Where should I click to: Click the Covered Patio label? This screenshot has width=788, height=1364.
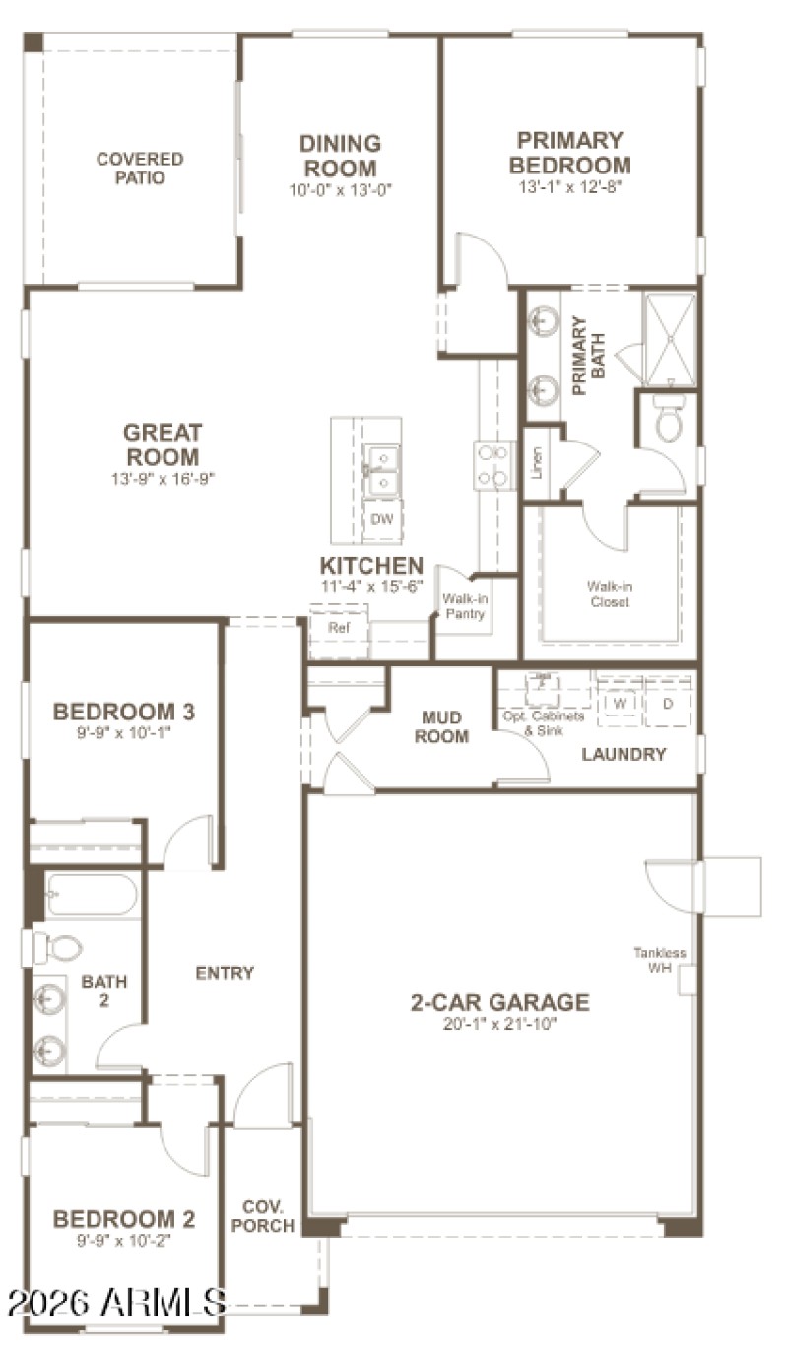[x=139, y=169]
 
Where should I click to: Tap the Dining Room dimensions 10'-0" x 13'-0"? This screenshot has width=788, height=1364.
[x=340, y=191]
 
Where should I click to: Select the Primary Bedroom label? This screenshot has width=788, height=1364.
[x=569, y=153]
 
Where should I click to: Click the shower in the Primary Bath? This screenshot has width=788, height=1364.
[x=669, y=339]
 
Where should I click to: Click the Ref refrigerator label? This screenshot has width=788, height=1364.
[x=339, y=627]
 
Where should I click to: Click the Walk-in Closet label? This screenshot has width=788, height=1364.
[x=608, y=594]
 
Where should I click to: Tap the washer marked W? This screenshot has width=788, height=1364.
[x=620, y=704]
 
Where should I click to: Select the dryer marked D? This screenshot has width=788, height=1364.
[x=667, y=704]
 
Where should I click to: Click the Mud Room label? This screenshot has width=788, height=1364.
[x=441, y=726]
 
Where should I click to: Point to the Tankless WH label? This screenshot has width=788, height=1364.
[x=659, y=960]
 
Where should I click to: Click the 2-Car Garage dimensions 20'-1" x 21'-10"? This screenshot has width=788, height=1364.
[x=499, y=1025]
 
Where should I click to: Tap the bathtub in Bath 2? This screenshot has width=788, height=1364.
[x=91, y=895]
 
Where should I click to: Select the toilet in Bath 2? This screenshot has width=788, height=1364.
[x=59, y=948]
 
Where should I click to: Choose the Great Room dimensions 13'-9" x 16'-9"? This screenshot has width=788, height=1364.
[x=163, y=479]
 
